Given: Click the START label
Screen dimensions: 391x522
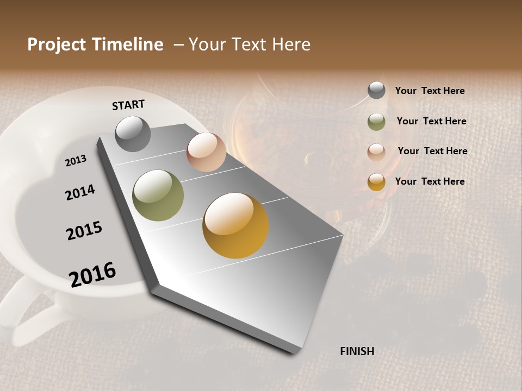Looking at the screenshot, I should (128, 105).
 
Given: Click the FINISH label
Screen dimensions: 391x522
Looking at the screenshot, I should (357, 351).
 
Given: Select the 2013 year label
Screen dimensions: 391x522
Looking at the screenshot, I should (76, 161).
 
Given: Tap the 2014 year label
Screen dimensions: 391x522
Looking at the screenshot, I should (80, 192).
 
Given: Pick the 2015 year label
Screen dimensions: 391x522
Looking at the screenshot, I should (84, 230).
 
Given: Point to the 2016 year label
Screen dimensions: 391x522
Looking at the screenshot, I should (92, 274).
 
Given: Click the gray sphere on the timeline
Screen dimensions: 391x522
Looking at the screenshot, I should (133, 134).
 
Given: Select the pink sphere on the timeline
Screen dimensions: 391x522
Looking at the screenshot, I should (206, 152).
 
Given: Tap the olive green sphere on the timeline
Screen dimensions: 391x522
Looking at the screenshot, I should (158, 195).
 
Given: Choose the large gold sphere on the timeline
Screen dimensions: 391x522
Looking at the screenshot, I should (235, 225).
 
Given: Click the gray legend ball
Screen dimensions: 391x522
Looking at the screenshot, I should (376, 91).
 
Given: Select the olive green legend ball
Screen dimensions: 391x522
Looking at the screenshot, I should (376, 122).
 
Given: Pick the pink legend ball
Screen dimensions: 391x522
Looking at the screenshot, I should (376, 152).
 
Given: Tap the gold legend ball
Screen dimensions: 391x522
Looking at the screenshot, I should (376, 182).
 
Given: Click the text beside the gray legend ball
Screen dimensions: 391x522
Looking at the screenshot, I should (430, 91).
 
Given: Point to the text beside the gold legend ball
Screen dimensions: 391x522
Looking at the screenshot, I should (430, 181).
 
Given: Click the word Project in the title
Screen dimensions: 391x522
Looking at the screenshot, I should (57, 45).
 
